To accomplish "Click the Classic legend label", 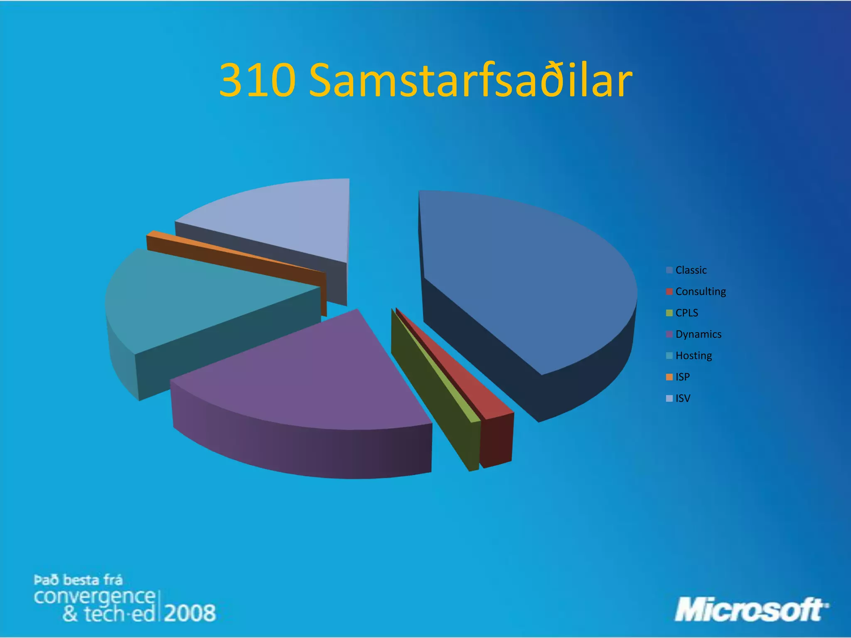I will pyautogui.click(x=691, y=270).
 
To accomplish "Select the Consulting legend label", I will pyautogui.click(x=701, y=292).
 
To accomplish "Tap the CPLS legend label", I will pyautogui.click(x=686, y=313).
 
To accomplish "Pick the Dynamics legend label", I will pyautogui.click(x=698, y=334).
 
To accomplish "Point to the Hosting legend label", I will pyautogui.click(x=694, y=356).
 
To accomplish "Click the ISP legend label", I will pyautogui.click(x=682, y=377).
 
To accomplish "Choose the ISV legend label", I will pyautogui.click(x=683, y=398).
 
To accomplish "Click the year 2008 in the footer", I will pyautogui.click(x=190, y=613).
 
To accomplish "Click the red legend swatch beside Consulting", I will pyautogui.click(x=669, y=292).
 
